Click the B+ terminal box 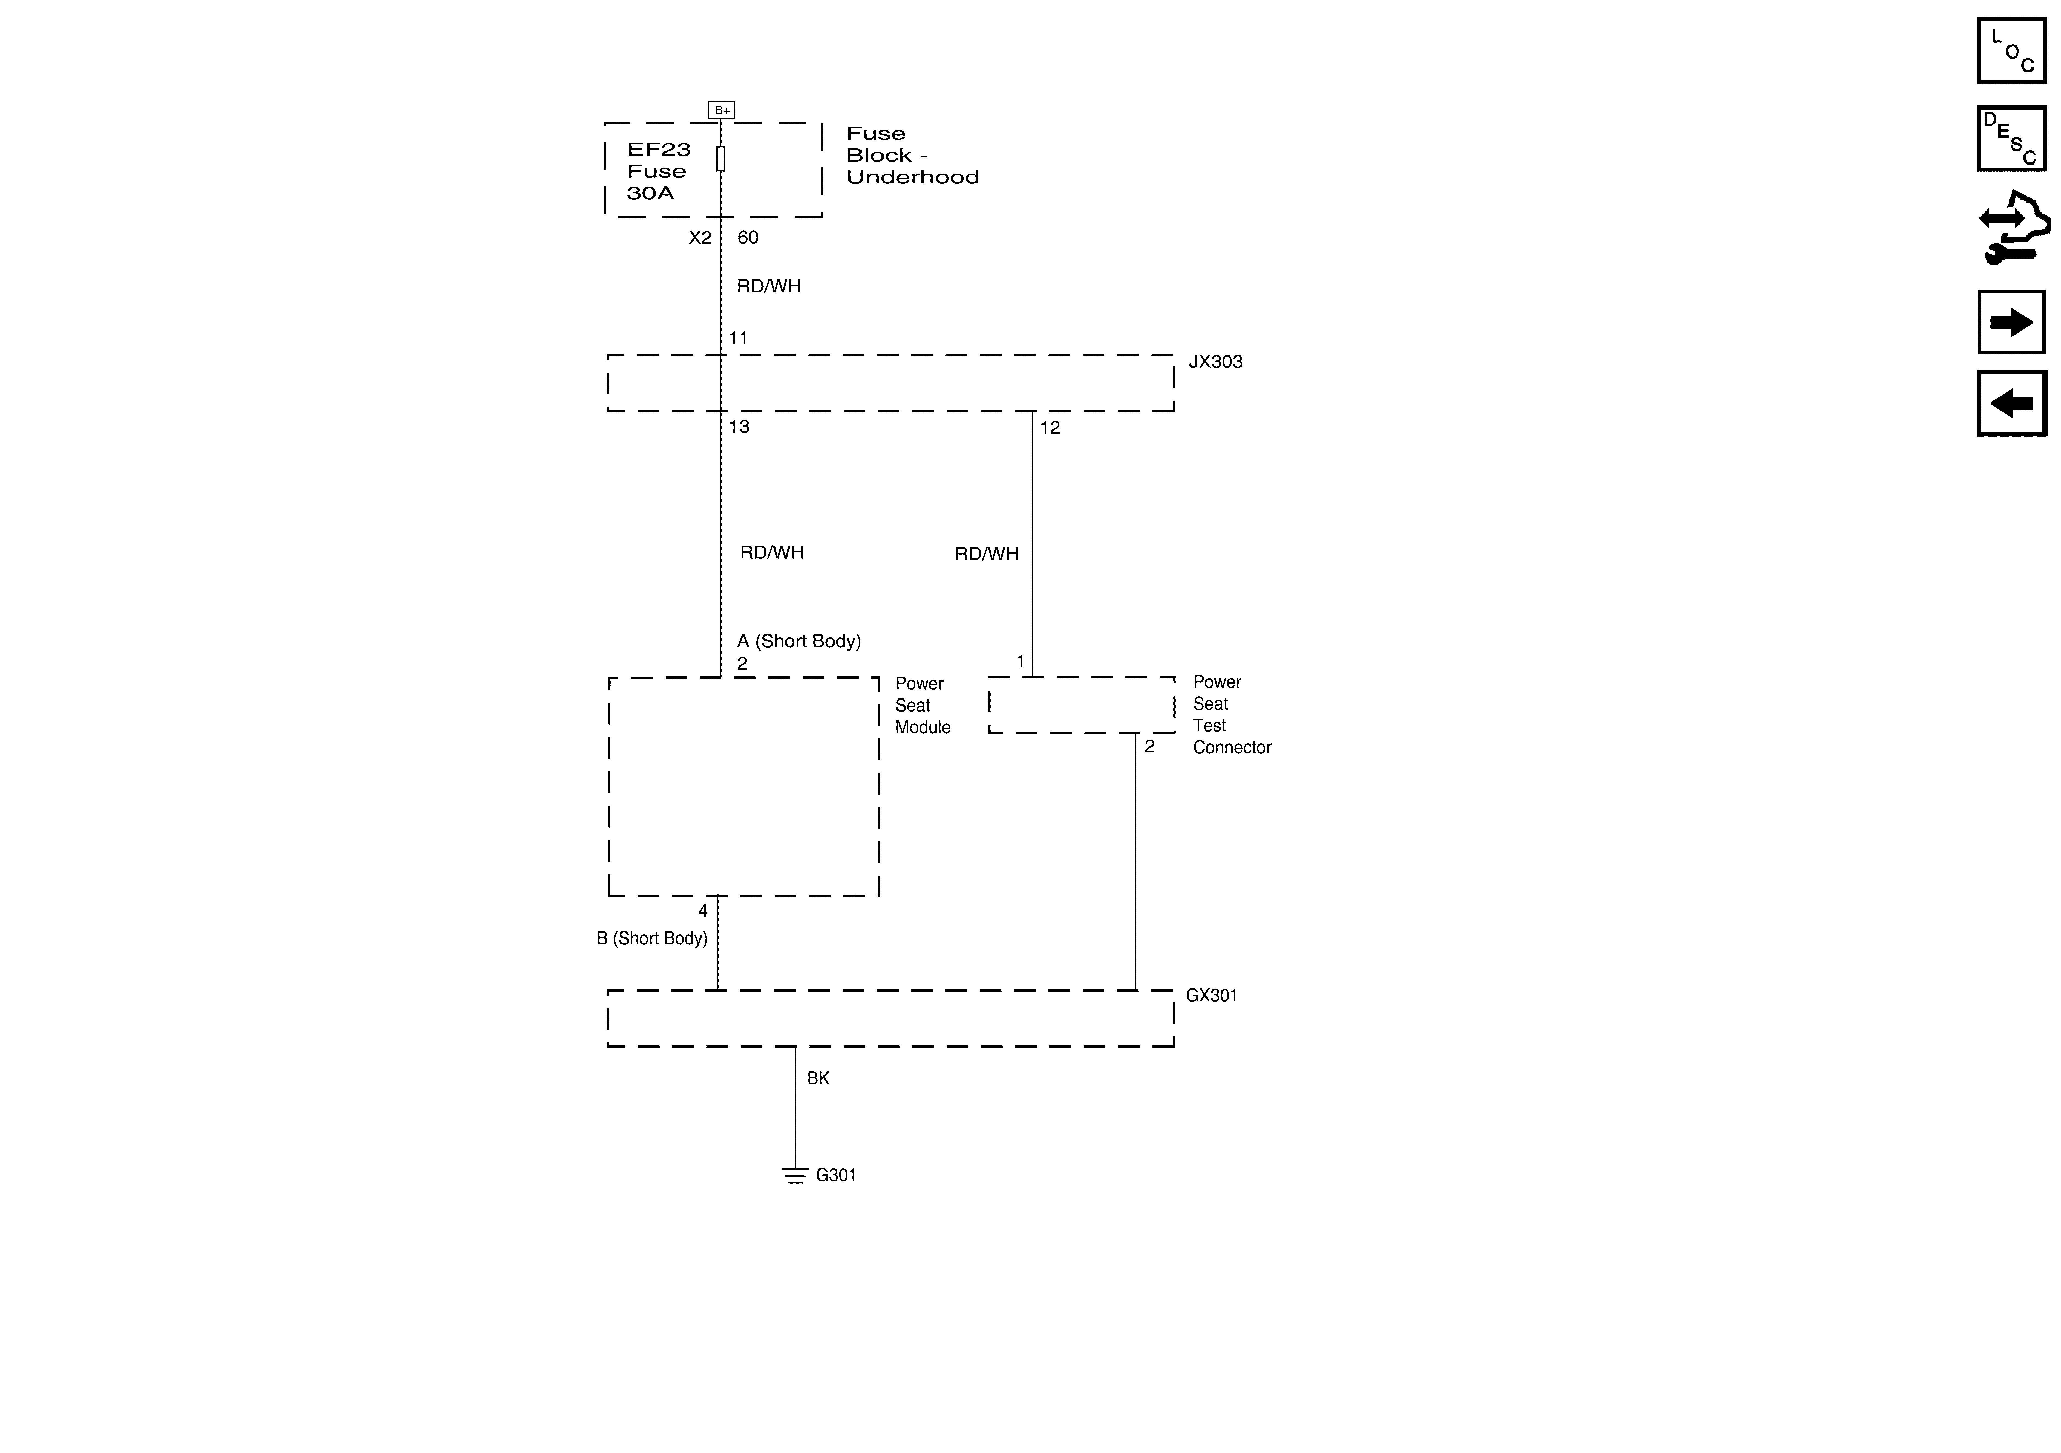tap(721, 110)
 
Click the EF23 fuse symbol tap(721, 159)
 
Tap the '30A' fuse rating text tap(650, 193)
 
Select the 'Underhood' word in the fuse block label tap(912, 177)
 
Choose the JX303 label tap(1215, 362)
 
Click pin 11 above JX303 tap(738, 338)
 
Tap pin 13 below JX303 tap(739, 427)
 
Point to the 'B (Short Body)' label tap(652, 938)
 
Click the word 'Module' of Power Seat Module tap(923, 727)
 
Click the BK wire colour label tap(818, 1078)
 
